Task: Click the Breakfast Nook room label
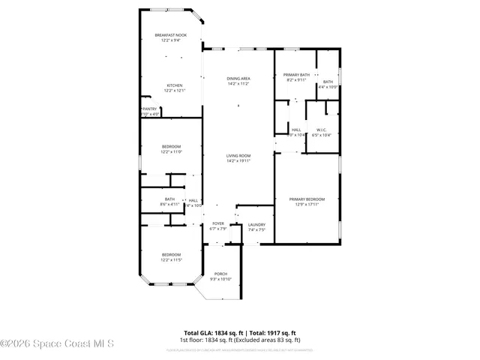click(171, 35)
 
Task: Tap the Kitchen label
click(175, 85)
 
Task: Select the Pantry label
click(150, 109)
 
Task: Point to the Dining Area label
click(238, 78)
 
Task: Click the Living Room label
click(238, 155)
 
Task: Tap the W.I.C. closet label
click(322, 130)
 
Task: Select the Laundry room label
click(256, 224)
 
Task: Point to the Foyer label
click(218, 223)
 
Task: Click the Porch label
click(220, 274)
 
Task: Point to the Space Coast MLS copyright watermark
click(57, 344)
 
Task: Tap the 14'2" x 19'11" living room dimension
click(238, 160)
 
